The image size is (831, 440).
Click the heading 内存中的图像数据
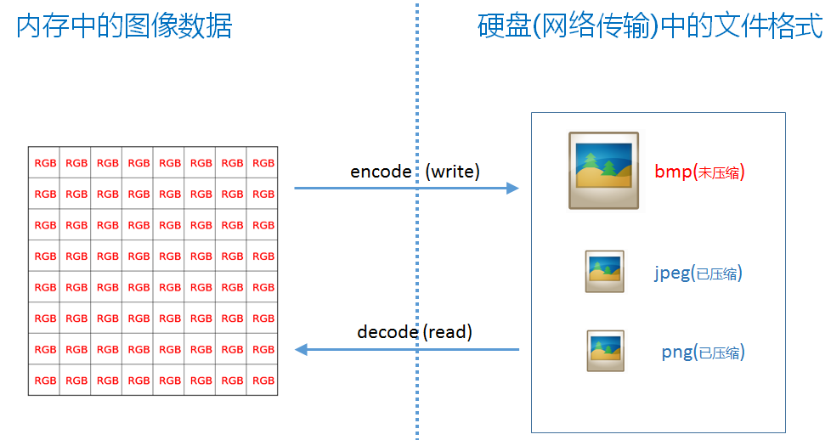pos(124,26)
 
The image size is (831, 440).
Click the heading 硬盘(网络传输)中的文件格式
pos(650,26)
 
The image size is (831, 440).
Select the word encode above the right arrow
pos(381,171)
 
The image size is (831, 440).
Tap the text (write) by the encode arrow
pos(452,171)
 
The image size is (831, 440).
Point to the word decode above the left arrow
pos(387,331)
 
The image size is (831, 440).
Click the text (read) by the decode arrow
pos(447,331)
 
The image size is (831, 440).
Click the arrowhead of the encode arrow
pos(512,188)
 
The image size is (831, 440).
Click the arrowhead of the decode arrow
pos(301,349)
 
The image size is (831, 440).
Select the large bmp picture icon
pos(603,170)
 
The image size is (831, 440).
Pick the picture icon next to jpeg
pos(604,272)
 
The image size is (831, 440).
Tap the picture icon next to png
pos(605,351)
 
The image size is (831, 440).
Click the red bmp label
pos(674,172)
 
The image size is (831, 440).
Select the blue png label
pos(677,353)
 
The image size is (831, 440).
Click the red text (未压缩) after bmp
pos(720,172)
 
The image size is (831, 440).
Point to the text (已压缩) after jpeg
pos(717,274)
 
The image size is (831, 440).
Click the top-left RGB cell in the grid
pos(45,163)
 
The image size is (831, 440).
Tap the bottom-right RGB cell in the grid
pos(263,381)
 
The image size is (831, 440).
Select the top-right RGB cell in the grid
pos(263,163)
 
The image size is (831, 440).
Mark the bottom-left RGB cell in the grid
pos(45,381)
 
